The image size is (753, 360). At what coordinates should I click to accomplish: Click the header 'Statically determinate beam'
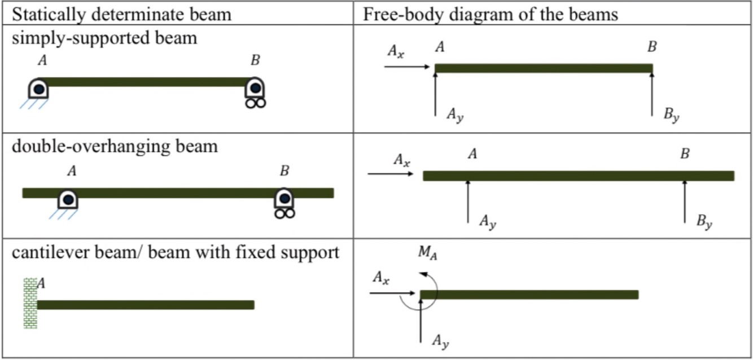pos(122,14)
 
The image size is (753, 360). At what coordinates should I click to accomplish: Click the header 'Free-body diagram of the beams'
pos(490,14)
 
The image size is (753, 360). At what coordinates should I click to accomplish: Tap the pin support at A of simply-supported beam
pos(38,89)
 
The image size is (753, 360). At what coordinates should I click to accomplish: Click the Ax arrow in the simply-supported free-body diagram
pos(406,67)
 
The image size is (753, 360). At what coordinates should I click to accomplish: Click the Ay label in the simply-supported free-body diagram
pos(455,114)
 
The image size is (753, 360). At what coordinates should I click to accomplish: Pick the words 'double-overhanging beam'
pos(115,146)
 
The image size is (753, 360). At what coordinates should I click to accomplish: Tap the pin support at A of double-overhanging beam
pos(68,200)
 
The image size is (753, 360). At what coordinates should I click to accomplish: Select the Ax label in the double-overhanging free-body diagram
pos(402,161)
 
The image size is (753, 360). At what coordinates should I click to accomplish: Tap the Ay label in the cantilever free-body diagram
pos(440,340)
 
